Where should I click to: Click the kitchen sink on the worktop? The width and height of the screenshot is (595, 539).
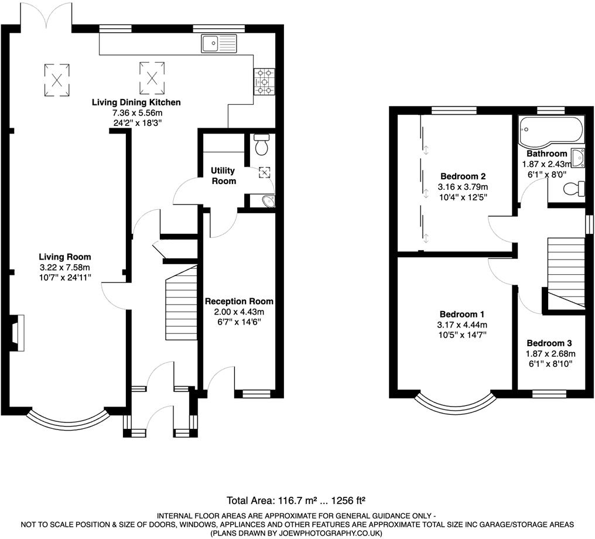pos(218,42)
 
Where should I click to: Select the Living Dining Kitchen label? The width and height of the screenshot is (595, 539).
pos(136,103)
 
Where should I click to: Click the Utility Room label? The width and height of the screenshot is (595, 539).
pos(223,176)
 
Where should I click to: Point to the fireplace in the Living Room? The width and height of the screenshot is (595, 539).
pos(16,333)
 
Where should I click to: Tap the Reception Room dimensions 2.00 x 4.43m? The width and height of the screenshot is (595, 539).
pos(238,312)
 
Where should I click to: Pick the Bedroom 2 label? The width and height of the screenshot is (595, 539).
pos(463,176)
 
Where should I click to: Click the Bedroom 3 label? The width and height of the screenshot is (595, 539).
pos(549,343)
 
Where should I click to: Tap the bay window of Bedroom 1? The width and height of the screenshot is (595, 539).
pos(454,405)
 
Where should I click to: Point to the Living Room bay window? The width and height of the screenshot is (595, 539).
pos(69,420)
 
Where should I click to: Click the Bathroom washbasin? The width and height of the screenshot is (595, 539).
pos(577,156)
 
